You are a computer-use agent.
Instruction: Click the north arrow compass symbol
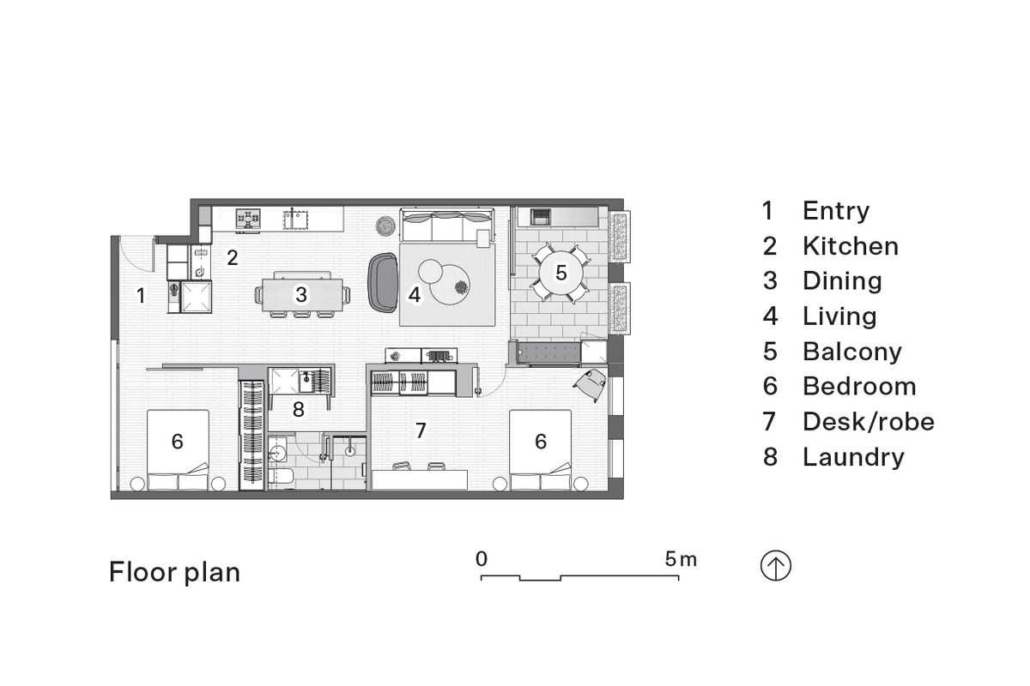pos(776,567)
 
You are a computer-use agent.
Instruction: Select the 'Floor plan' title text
pos(174,572)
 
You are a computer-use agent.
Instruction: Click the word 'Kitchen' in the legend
pos(850,246)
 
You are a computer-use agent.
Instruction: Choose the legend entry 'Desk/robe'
pos(868,422)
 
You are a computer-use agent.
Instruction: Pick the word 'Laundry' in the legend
pos(852,457)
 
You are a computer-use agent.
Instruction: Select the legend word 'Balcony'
pos(851,352)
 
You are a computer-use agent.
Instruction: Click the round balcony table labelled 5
pos(560,274)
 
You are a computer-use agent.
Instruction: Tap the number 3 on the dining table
pos(300,295)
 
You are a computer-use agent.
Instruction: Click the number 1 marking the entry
pos(141,297)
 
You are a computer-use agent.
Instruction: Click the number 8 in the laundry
pos(298,410)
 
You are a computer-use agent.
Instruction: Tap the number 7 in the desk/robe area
pos(421,430)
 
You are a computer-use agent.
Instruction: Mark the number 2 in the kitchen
pos(232,256)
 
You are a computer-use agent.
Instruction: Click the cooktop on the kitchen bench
pos(249,219)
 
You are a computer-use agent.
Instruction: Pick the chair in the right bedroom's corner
pos(592,382)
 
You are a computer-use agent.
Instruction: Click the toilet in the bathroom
pos(280,475)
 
